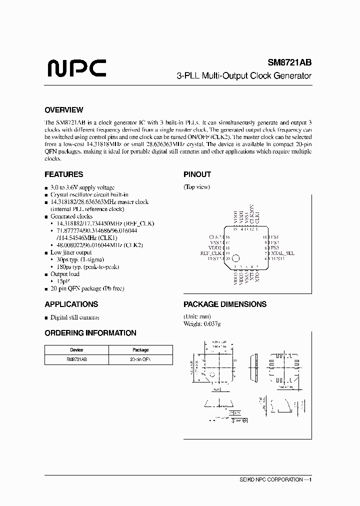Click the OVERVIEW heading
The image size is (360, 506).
click(63, 110)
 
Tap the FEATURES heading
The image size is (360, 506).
click(63, 174)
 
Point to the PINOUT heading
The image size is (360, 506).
click(197, 174)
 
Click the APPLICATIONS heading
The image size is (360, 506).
click(71, 304)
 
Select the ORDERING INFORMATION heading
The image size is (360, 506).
click(90, 332)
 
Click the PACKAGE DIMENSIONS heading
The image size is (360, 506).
click(224, 304)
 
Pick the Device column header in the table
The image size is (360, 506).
click(76, 350)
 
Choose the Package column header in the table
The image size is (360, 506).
click(140, 350)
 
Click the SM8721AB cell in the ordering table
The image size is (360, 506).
click(76, 359)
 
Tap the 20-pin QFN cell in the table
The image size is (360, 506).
click(140, 359)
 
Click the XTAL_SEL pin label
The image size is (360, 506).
click(282, 253)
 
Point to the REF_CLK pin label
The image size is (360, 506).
click(210, 253)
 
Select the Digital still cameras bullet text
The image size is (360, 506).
click(75, 317)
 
